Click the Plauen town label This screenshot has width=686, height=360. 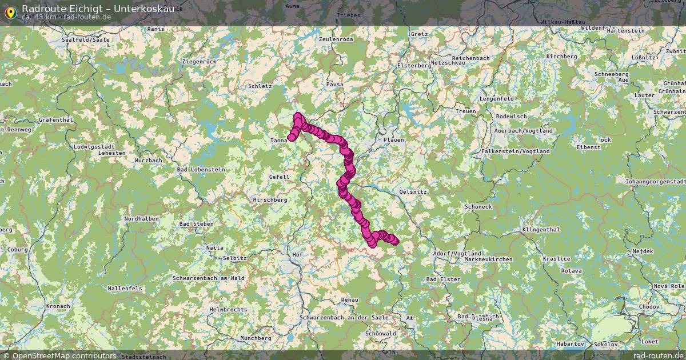pyautogui.click(x=393, y=139)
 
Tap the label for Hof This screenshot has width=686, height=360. pyautogui.click(x=297, y=254)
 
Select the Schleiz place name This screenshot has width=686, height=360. pyautogui.click(x=260, y=86)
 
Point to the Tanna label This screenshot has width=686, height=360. pyautogui.click(x=279, y=140)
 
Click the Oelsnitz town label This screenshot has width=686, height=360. pyautogui.click(x=413, y=192)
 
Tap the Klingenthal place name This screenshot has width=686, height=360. pyautogui.click(x=540, y=229)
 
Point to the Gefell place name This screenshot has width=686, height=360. pyautogui.click(x=279, y=177)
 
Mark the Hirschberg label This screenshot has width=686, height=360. pyautogui.click(x=271, y=199)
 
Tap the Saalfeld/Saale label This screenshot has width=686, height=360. pyautogui.click(x=85, y=40)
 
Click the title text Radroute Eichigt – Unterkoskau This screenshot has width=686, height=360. pyautogui.click(x=98, y=8)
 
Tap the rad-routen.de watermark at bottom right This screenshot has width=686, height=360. pyautogui.click(x=658, y=355)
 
